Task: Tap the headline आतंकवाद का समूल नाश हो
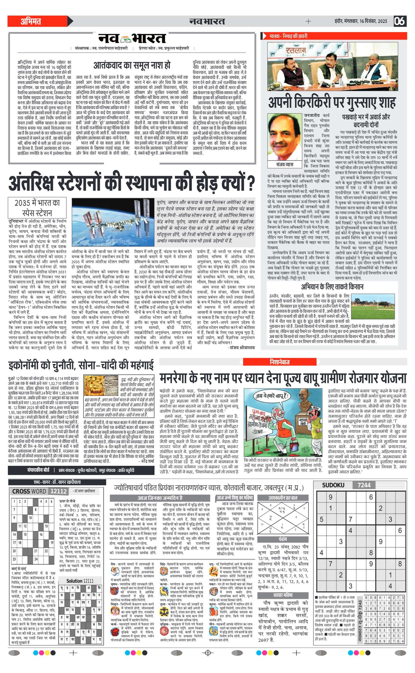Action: coord(132,65)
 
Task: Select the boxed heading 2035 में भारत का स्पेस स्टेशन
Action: coord(37,207)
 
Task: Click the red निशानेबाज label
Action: coord(279,362)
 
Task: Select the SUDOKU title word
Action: coord(333,485)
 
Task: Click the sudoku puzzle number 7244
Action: coord(364,485)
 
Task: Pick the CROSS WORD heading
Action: coord(29,491)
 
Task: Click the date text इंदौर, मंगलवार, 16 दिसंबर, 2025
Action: coord(361,21)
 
